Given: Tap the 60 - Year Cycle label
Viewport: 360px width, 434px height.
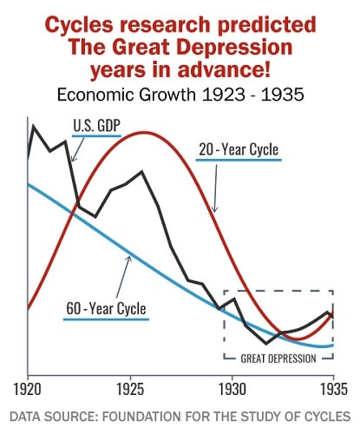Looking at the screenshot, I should pyautogui.click(x=106, y=307).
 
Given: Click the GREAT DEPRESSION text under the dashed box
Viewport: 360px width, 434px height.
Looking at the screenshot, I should pyautogui.click(x=278, y=356).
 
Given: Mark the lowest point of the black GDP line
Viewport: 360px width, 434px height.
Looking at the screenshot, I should pyautogui.click(x=266, y=344).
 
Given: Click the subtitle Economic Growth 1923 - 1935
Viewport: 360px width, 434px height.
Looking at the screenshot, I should pyautogui.click(x=179, y=91).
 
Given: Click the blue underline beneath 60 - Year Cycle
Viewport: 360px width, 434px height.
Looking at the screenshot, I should pyautogui.click(x=106, y=319).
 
